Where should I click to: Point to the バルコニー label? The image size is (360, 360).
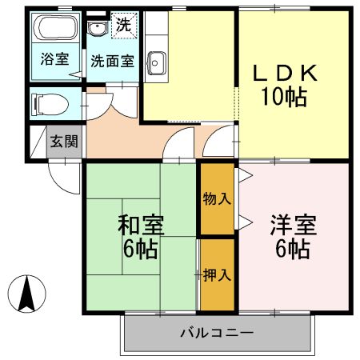tap(216, 332)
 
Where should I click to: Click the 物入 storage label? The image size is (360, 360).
tap(216, 198)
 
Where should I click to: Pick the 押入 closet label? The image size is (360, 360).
tap(216, 274)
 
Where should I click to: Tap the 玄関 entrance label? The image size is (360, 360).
tap(64, 142)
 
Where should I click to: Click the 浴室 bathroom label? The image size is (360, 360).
tap(54, 60)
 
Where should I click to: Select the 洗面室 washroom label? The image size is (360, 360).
tap(112, 60)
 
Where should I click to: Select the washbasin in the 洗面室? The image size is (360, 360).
tap(98, 30)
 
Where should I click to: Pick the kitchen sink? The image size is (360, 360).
tap(156, 62)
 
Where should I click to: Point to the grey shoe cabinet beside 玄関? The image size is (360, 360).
tap(38, 142)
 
